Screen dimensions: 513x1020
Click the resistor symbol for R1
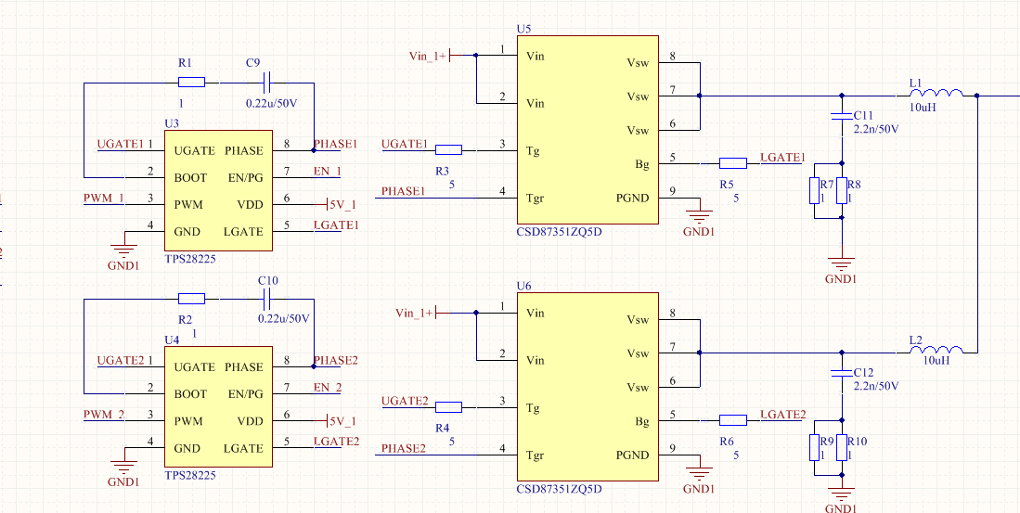tap(191, 82)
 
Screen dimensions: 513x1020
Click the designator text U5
tap(524, 29)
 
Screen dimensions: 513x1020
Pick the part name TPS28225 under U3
tap(190, 261)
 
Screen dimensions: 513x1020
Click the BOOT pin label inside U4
tap(190, 394)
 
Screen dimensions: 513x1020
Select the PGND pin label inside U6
tap(632, 455)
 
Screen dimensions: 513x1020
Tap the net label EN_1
tap(327, 171)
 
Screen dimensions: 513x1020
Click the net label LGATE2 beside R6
tap(782, 414)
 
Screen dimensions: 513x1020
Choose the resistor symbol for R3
tap(448, 149)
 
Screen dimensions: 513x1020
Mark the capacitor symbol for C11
tap(842, 116)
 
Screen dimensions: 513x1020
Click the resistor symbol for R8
tap(842, 190)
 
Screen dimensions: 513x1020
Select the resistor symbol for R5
tap(733, 163)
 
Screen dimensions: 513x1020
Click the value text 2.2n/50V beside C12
tap(876, 385)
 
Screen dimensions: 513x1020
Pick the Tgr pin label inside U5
tap(536, 198)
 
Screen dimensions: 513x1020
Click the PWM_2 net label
tap(104, 414)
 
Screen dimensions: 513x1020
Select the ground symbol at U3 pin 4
tap(123, 248)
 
